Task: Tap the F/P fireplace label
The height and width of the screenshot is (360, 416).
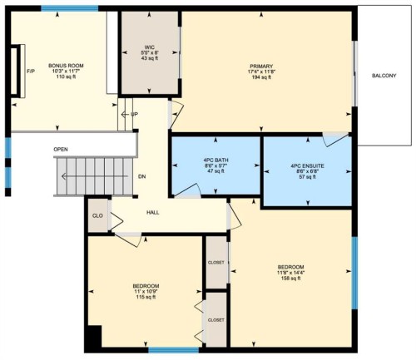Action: (31, 72)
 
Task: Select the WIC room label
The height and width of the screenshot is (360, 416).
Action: (150, 47)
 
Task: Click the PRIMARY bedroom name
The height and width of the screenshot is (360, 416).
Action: (260, 66)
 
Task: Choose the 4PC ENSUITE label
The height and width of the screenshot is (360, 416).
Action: (307, 165)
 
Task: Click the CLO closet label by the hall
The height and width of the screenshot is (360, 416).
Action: (97, 216)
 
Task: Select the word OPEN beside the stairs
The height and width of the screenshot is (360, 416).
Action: (61, 150)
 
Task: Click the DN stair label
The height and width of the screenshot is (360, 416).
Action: (141, 176)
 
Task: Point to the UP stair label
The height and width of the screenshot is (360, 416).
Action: (134, 113)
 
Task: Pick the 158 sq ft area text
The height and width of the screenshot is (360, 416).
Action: (290, 279)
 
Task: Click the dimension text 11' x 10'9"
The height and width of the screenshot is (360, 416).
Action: (146, 292)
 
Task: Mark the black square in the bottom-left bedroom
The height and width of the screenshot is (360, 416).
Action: (93, 336)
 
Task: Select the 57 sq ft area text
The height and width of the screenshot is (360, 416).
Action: (307, 178)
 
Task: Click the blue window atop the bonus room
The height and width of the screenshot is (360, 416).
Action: (57, 9)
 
